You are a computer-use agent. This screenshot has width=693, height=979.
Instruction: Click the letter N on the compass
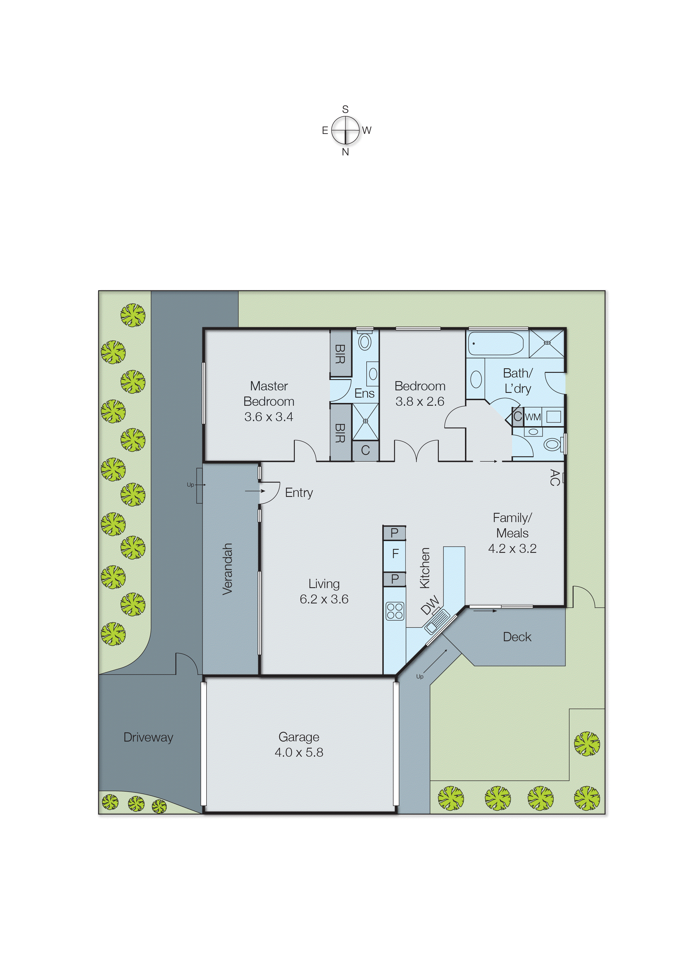345,152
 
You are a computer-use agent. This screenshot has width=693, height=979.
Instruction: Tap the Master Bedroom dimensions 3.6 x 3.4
269,417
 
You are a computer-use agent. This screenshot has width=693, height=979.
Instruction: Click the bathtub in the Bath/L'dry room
496,343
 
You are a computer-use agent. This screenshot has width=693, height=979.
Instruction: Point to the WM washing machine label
533,417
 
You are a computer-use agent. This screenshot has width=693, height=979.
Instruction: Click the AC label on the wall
554,477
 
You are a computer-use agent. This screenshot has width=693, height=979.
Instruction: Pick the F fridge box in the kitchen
395,553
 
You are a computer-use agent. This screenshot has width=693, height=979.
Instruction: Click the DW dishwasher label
430,605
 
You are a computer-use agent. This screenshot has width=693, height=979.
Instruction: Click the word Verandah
227,569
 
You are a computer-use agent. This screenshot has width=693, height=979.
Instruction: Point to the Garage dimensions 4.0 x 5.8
299,752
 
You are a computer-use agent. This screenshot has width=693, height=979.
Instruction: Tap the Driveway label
148,737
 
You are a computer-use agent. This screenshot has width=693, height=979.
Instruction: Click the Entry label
299,493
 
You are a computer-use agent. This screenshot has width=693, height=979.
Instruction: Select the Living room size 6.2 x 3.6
324,599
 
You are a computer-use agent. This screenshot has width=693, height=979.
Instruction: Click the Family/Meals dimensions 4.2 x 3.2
512,549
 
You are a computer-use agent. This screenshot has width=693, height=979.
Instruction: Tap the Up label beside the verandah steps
190,485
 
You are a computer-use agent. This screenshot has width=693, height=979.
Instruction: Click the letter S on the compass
345,109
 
